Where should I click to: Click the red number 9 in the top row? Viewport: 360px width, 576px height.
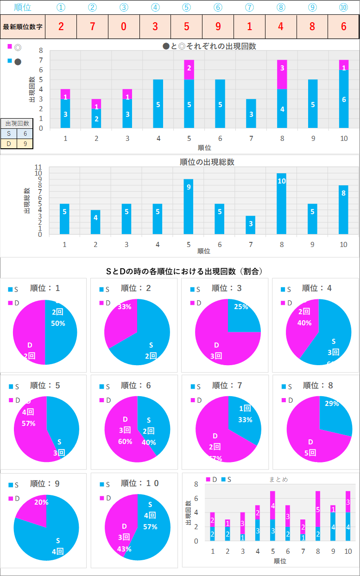click(x=218, y=26)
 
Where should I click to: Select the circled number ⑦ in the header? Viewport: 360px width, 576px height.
click(x=249, y=7)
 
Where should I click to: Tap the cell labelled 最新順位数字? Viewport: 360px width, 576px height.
click(x=23, y=26)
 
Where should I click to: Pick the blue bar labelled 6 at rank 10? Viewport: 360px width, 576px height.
click(x=343, y=99)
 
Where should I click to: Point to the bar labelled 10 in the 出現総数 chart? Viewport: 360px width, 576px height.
click(x=282, y=204)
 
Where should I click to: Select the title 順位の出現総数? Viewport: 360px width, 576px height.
click(x=207, y=162)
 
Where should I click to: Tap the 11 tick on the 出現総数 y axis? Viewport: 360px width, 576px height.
click(x=38, y=167)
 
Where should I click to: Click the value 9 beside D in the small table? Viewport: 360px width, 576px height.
click(x=25, y=144)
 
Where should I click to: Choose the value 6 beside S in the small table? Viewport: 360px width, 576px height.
click(x=25, y=133)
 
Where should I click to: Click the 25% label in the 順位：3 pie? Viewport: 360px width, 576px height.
click(x=241, y=307)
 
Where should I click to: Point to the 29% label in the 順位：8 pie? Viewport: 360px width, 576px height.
click(x=332, y=404)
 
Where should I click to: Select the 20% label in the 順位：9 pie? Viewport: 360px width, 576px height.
click(x=41, y=502)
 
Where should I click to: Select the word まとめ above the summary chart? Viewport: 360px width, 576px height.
click(x=278, y=479)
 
